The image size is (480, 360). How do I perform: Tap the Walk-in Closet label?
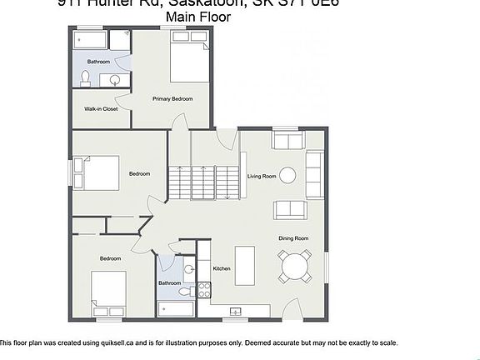(98, 108)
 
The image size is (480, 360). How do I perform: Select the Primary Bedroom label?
(172, 98)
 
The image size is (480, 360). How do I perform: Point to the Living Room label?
(262, 176)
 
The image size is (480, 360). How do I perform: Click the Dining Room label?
(293, 238)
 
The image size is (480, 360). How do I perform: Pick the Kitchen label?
(222, 268)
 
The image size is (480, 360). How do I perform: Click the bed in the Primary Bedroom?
(189, 62)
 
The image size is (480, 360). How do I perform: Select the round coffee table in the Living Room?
(287, 175)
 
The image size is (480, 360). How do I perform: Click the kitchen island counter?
(245, 265)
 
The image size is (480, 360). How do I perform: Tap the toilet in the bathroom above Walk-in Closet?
(85, 78)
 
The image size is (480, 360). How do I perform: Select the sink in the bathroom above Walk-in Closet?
(116, 80)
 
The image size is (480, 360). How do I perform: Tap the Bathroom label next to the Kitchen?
(169, 283)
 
